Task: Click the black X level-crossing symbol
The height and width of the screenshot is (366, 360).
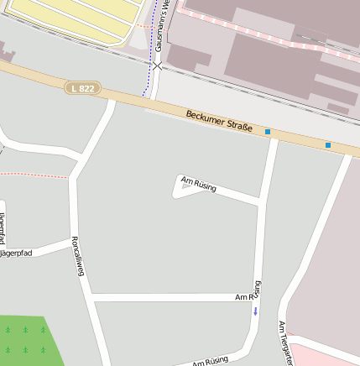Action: (x=157, y=65)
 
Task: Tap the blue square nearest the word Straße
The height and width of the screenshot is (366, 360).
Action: (x=268, y=132)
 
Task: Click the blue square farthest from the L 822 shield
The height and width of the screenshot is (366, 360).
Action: (x=327, y=145)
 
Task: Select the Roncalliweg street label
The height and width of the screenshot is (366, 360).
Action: (x=81, y=261)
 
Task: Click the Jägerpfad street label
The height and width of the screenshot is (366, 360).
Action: (x=17, y=253)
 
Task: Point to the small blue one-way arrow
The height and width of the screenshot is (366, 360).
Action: (x=256, y=311)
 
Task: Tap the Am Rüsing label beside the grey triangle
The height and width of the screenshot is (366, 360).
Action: (x=199, y=183)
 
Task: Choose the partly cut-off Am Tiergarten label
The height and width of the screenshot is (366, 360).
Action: (x=285, y=342)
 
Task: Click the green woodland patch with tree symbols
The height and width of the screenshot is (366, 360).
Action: (x=29, y=340)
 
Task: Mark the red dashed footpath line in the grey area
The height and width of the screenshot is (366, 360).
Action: (x=34, y=175)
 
